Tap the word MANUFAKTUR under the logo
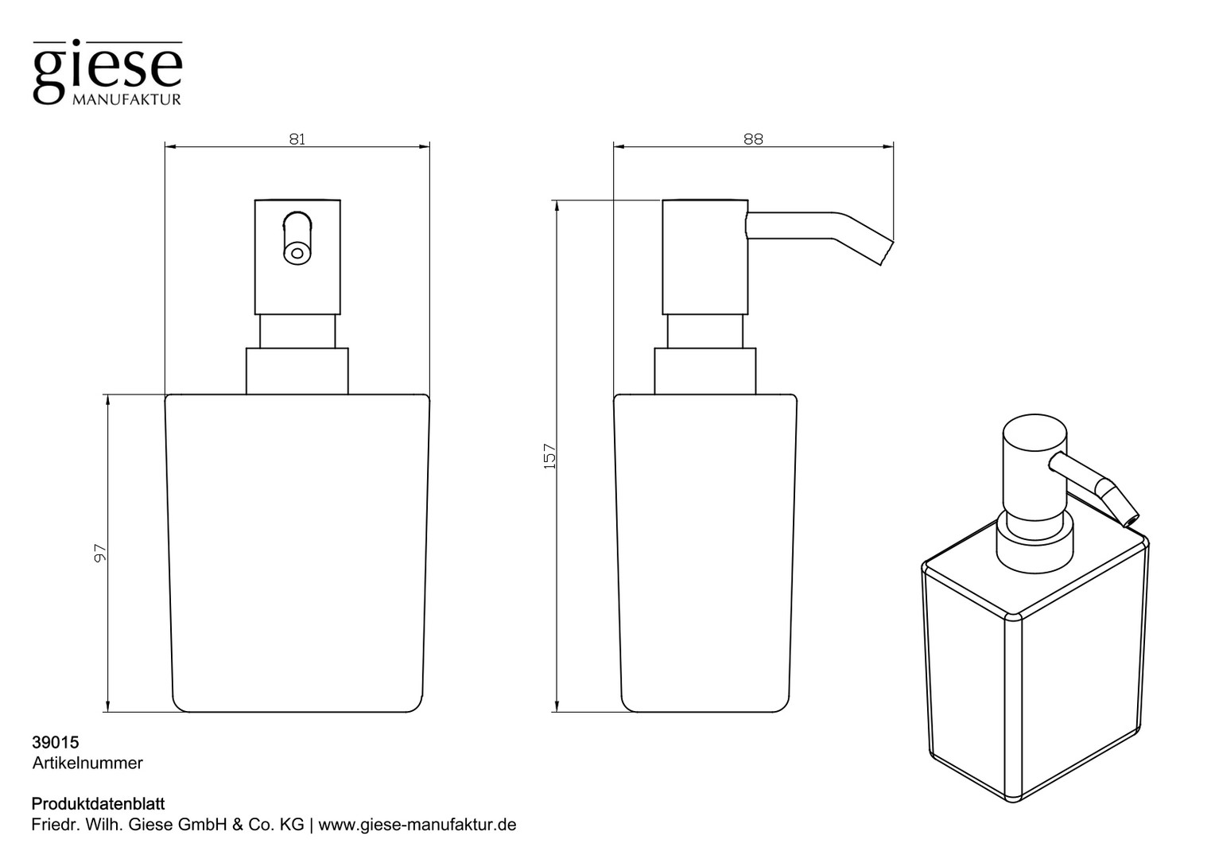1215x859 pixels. pos(126,100)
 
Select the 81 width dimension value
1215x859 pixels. pos(297,139)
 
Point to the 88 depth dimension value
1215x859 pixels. pos(753,139)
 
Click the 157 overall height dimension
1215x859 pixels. pos(550,456)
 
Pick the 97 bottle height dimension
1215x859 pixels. pos(101,553)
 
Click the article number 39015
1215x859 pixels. pos(56,742)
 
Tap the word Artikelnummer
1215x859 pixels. pos(87,763)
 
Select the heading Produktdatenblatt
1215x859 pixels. pos(98,803)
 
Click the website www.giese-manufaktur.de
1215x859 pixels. pos(417,825)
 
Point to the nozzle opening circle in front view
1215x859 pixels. pos(297,253)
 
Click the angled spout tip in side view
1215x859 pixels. pos(887,253)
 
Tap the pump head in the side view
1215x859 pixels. pos(705,257)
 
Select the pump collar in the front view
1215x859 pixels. pos(297,371)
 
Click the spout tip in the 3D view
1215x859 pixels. pos(1131,520)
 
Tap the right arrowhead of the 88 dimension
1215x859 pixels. pos(888,146)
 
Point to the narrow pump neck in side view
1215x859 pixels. pos(705,331)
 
